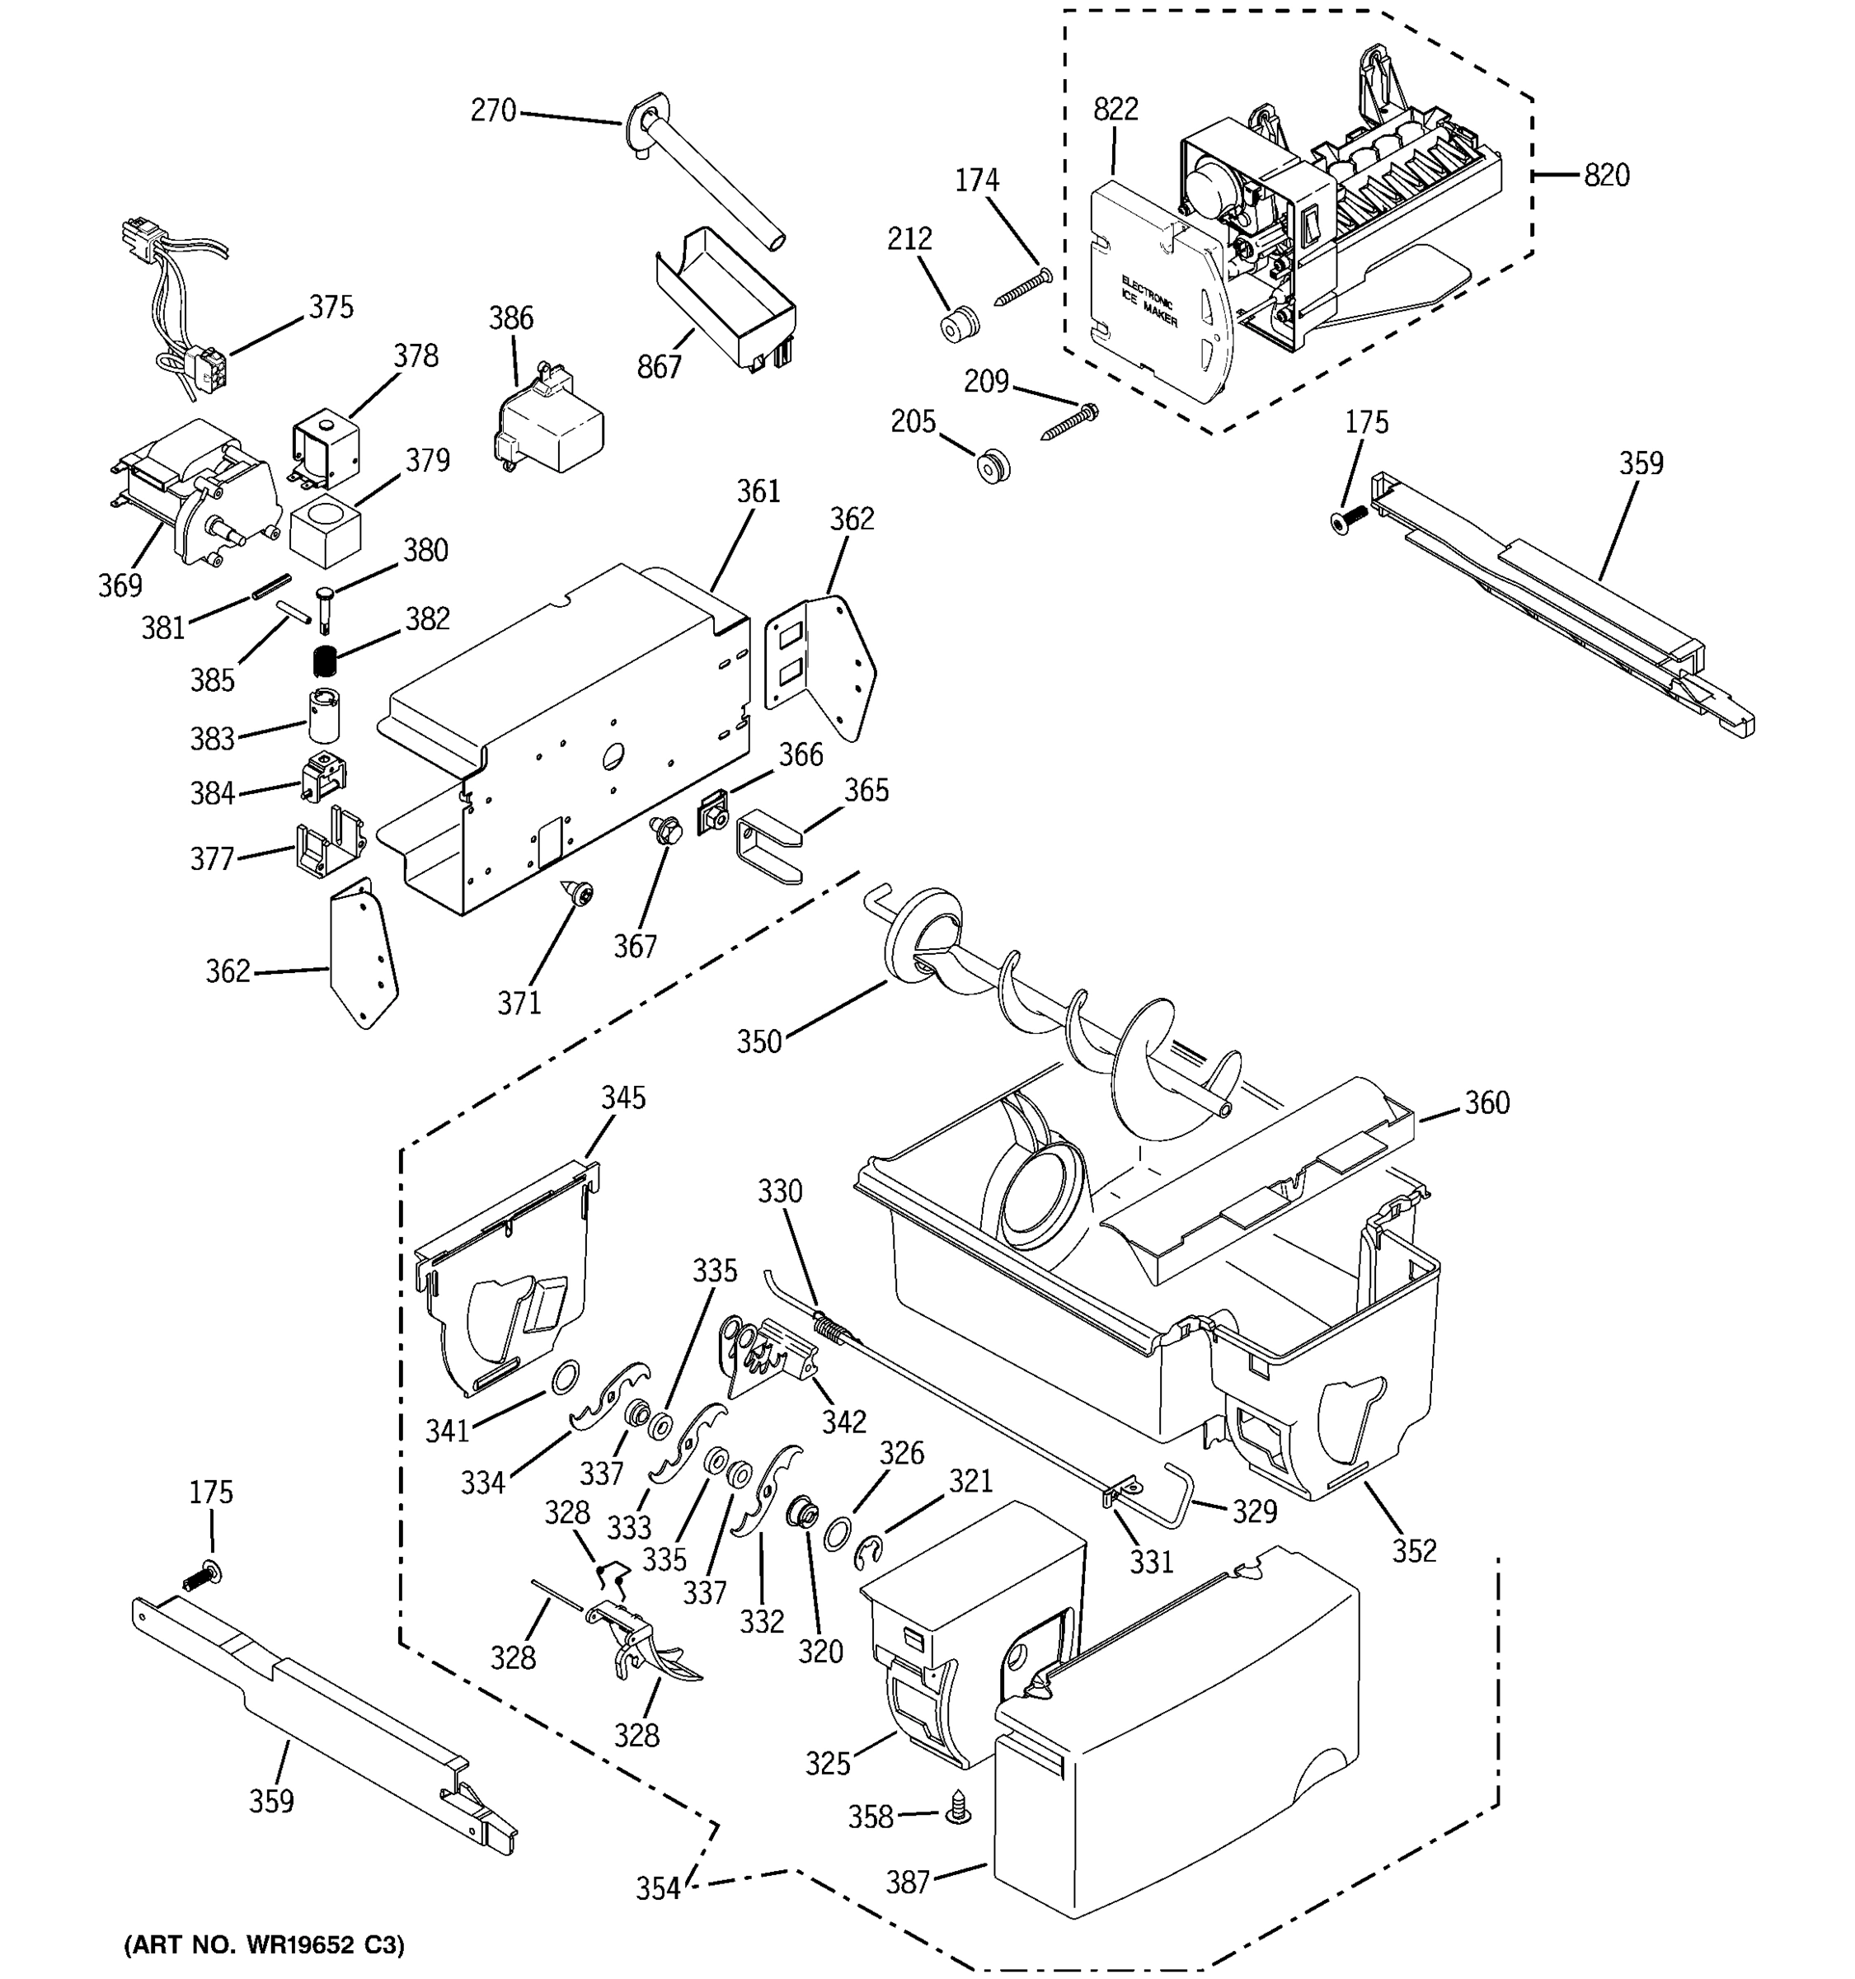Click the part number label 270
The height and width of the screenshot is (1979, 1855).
click(493, 110)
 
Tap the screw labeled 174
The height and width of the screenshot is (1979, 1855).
click(1021, 287)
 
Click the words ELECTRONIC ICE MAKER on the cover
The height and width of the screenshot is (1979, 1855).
click(1148, 301)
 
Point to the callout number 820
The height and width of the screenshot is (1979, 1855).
click(1605, 175)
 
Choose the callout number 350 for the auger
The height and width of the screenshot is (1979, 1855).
click(758, 1042)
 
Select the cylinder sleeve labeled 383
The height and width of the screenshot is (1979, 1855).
click(323, 715)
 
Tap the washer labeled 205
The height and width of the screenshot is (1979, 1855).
click(991, 465)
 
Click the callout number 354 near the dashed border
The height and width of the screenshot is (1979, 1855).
click(658, 1888)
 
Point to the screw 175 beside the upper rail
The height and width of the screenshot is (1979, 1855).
click(1350, 515)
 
